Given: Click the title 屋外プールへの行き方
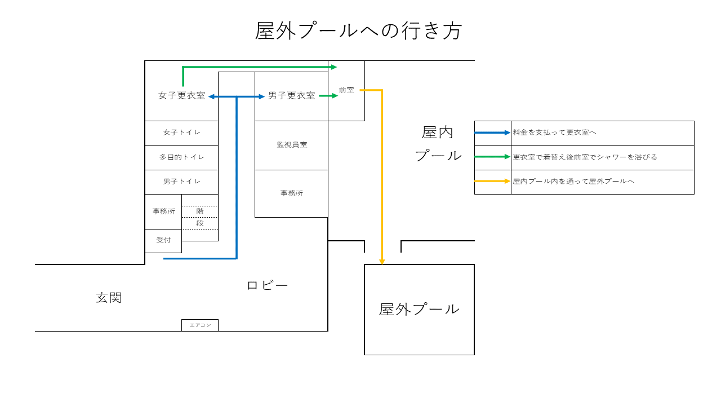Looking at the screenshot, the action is [358, 31].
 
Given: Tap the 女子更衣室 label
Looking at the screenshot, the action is [182, 95].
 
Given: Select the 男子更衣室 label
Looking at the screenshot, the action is [292, 95].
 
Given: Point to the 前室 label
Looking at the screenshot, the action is [346, 90].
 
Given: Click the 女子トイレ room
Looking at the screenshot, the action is [181, 134].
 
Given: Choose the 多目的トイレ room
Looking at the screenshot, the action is [181, 158].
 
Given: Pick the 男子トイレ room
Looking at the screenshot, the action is [181, 182].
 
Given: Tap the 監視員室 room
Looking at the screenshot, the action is [292, 145].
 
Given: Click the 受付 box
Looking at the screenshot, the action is [163, 241].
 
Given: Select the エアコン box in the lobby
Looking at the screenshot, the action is [200, 325].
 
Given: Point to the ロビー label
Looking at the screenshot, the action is [267, 285].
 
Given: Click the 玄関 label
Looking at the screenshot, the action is [109, 298].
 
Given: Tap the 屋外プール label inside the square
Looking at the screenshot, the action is [419, 310].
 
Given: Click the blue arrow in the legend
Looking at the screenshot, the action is [492, 133].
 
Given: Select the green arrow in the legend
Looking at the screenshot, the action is [492, 157].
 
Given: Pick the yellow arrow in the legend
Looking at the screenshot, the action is [492, 181].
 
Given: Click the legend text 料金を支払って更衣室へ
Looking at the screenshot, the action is [554, 133].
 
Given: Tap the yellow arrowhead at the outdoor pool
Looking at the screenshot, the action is [382, 262].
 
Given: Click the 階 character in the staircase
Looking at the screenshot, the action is [200, 211].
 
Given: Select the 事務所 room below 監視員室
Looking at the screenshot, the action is [292, 193].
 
